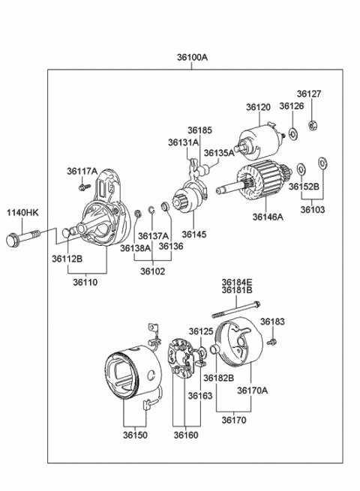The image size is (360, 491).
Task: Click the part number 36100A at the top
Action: pos(193,57)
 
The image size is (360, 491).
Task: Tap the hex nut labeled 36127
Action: pos(313,125)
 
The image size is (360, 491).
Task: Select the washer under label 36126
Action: pos(293,134)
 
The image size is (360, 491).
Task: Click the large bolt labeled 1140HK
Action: pos(22,238)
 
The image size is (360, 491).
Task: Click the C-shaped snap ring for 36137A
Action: pos(151,209)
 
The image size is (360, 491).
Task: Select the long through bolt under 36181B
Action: pos(236,310)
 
